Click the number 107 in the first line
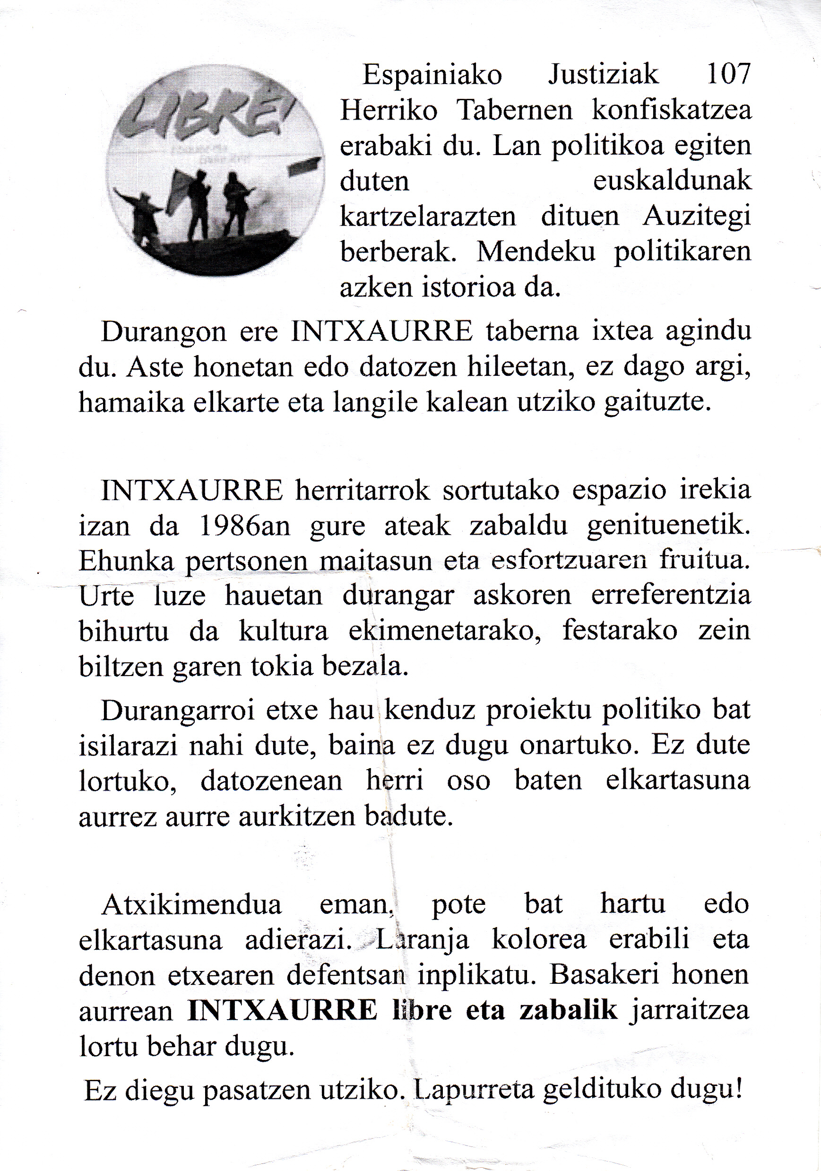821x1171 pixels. pyautogui.click(x=729, y=75)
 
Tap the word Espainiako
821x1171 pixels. pyautogui.click(x=432, y=75)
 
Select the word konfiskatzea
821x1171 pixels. pyautogui.click(x=671, y=110)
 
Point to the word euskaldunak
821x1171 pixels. pyautogui.click(x=672, y=181)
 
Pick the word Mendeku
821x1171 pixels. pyautogui.click(x=536, y=252)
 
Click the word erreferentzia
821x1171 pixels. pyautogui.click(x=671, y=596)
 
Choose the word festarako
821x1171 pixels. pyautogui.click(x=620, y=631)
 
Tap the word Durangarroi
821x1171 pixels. pyautogui.click(x=177, y=711)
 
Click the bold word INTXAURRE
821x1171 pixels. pyautogui.click(x=283, y=1010)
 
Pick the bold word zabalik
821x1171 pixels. pyautogui.click(x=568, y=1010)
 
